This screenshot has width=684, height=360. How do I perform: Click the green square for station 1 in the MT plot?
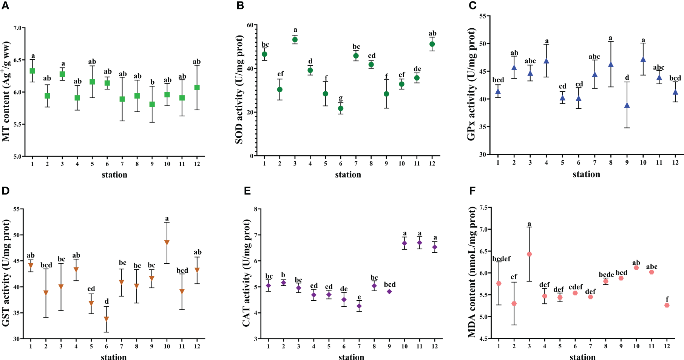click(x=32, y=71)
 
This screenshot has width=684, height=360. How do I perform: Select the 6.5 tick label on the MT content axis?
click(x=17, y=60)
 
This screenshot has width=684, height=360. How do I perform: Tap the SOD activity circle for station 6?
click(x=341, y=108)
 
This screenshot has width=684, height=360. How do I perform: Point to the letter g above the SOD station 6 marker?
click(x=341, y=98)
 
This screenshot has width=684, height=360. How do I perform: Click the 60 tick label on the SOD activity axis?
click(x=250, y=25)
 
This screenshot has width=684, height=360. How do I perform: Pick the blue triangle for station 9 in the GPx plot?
click(x=627, y=106)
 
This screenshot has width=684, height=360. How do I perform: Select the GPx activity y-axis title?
click(x=471, y=84)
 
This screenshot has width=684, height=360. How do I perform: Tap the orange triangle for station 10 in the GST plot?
click(x=167, y=242)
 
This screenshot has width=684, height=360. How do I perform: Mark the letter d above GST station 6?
click(x=107, y=301)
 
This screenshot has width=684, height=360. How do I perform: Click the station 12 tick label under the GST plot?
click(x=197, y=346)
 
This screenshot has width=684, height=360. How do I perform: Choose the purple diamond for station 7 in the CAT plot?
click(x=359, y=306)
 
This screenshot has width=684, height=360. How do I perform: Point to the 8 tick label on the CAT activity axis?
click(x=256, y=209)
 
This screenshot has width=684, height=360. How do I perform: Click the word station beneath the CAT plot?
click(x=351, y=357)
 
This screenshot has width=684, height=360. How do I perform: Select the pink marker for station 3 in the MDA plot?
click(x=530, y=254)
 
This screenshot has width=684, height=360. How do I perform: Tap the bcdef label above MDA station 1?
click(x=502, y=259)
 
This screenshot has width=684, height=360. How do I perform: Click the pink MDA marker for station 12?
click(x=667, y=305)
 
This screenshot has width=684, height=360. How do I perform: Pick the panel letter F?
click(x=472, y=191)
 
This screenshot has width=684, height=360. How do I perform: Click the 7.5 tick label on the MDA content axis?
click(x=483, y=207)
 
